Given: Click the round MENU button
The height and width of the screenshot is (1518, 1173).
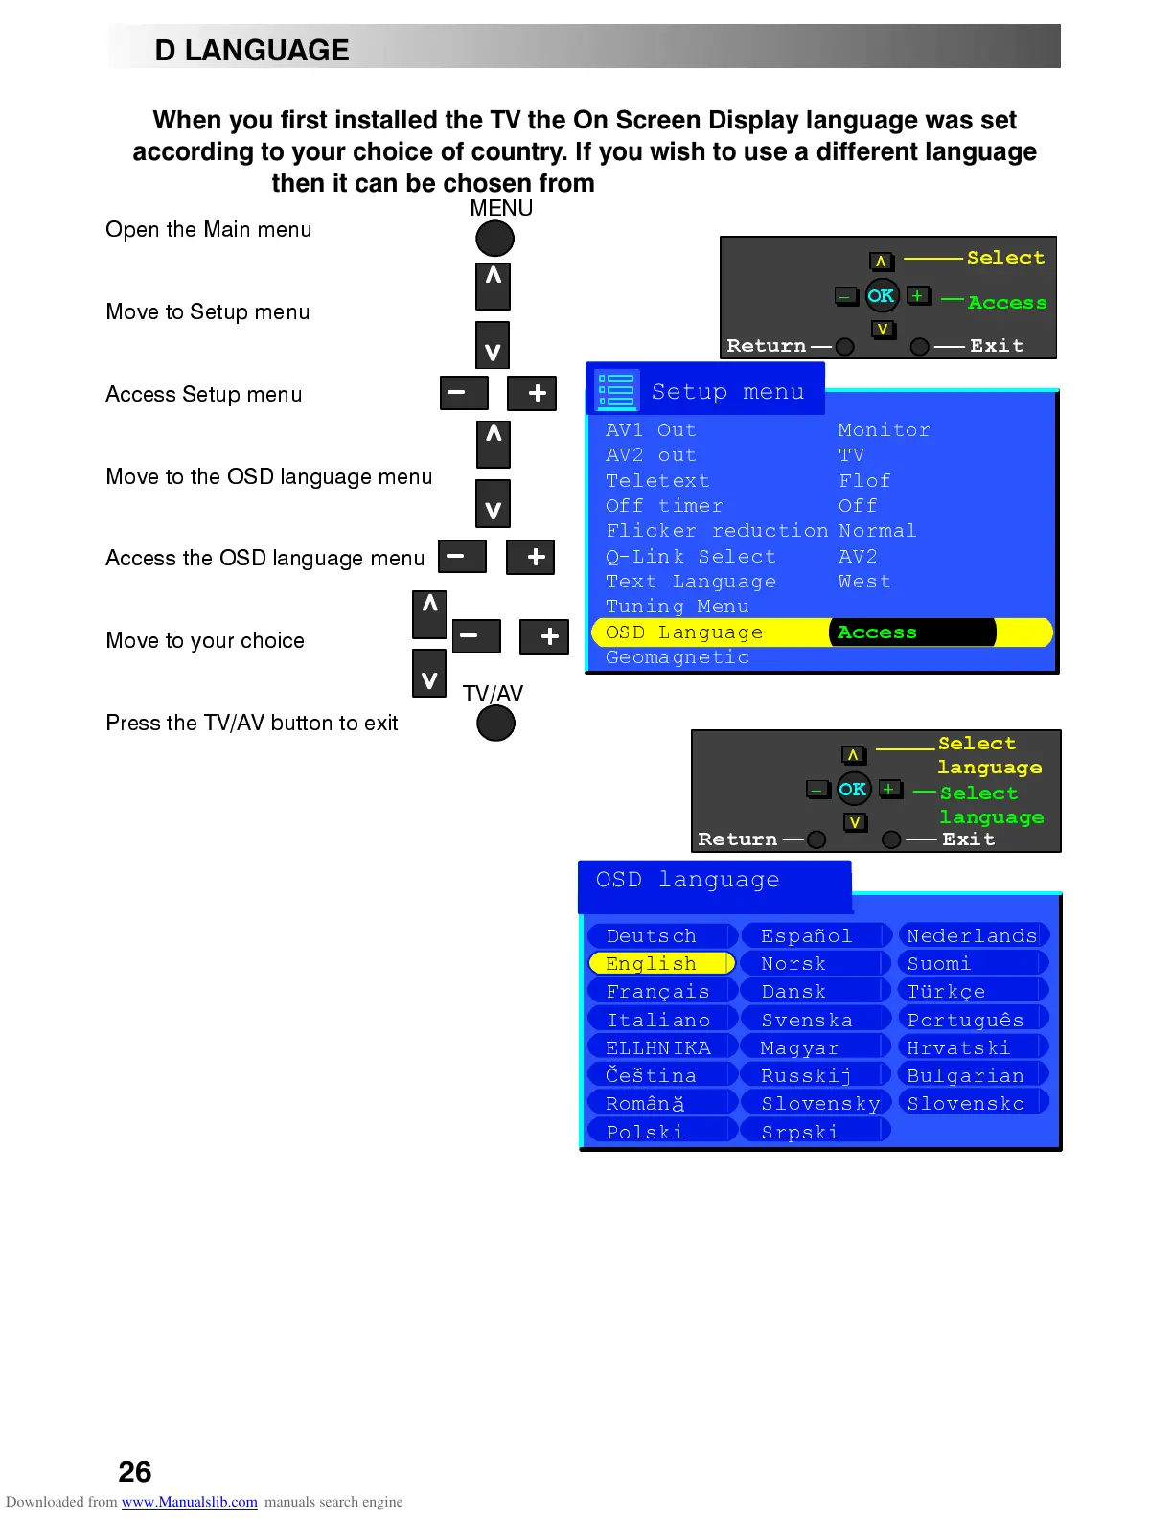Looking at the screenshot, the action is pos(494,239).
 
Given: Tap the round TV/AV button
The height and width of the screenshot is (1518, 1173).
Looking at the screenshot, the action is pos(495,723).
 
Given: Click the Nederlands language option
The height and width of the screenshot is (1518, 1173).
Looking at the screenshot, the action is pos(972,935).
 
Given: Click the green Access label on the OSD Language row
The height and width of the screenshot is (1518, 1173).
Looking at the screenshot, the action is pos(877,632).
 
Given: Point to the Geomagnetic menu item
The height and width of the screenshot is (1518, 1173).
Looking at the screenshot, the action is pos(678,657).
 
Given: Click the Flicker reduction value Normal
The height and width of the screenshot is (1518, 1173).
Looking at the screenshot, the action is pos(877,531).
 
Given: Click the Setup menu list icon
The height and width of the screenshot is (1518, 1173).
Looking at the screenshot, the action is pos(616,390).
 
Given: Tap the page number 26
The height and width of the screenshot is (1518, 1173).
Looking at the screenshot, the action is pos(135,1471).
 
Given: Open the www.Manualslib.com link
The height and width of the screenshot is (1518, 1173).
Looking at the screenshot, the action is pos(189,1502).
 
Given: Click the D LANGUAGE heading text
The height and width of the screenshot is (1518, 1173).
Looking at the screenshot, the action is pos(252,50).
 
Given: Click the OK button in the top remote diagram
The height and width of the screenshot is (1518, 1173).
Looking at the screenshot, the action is pos(881,296).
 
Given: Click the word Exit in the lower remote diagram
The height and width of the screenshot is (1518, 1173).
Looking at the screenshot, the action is pos(968,839).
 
